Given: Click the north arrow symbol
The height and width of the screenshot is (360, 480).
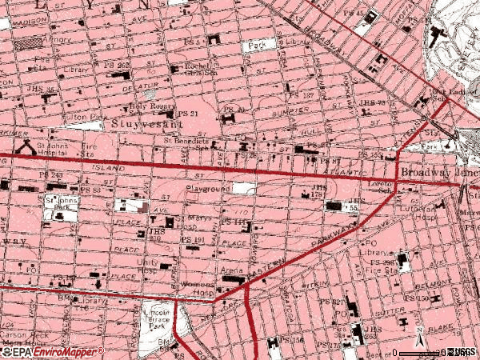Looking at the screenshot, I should click(418, 331).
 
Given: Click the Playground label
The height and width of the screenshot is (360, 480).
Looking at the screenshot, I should click(209, 189).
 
